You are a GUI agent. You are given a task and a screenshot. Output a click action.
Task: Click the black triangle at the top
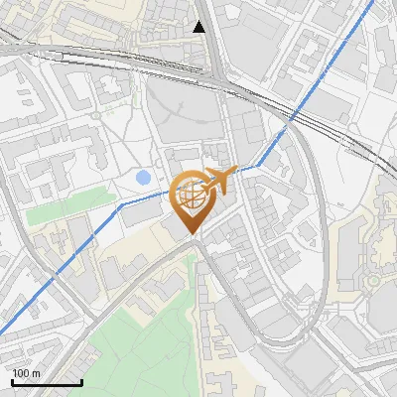(199, 27)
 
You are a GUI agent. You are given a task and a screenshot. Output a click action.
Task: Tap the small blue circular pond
(144, 178)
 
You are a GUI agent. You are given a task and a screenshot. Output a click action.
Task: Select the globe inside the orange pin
(191, 194)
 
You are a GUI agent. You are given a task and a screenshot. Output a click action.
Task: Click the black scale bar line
(46, 383)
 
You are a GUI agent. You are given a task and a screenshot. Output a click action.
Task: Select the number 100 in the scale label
(19, 374)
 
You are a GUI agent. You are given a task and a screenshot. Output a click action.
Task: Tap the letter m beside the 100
(35, 374)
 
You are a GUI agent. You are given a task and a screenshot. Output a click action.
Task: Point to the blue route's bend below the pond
(121, 204)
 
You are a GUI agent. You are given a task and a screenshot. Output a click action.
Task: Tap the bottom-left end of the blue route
(1, 334)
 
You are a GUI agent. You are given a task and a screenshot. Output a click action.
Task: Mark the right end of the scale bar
(81, 383)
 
